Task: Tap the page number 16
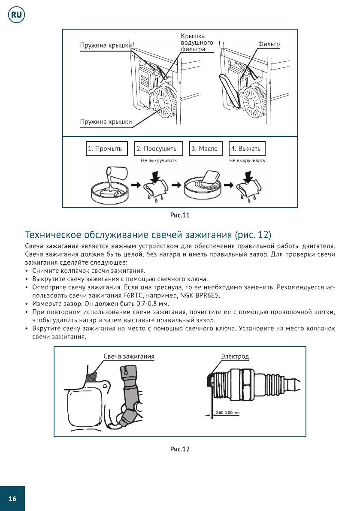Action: (x=12, y=499)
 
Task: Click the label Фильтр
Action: (x=269, y=45)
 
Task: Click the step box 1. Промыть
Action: (x=107, y=149)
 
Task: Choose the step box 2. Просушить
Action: (x=158, y=149)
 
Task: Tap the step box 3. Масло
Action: (x=205, y=149)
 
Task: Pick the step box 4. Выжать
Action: (x=247, y=149)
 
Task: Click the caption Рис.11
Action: (x=180, y=215)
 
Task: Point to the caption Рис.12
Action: (x=180, y=449)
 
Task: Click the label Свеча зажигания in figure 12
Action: (x=129, y=356)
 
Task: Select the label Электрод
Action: (x=235, y=356)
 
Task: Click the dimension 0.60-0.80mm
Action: (x=227, y=413)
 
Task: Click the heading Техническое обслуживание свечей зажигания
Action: (x=148, y=235)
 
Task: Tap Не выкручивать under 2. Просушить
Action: (x=159, y=161)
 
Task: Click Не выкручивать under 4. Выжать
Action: (x=247, y=161)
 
